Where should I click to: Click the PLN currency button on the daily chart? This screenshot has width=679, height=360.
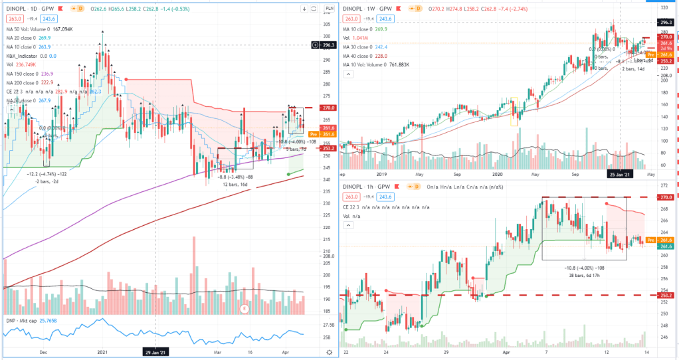[x=328, y=9]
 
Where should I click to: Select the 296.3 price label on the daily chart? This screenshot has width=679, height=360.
[x=328, y=45]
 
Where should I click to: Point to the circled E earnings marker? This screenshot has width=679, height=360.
[x=245, y=309]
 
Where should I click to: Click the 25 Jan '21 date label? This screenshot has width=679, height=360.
[x=620, y=174]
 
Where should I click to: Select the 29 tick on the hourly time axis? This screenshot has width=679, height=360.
[x=446, y=354]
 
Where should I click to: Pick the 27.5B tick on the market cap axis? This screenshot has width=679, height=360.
[x=328, y=325]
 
